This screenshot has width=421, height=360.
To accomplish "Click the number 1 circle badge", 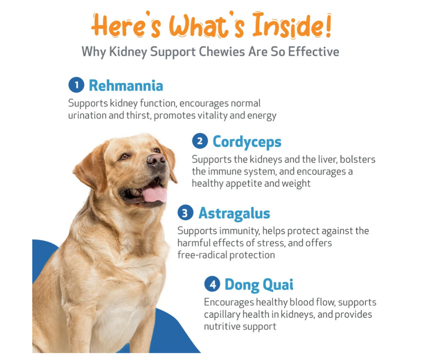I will click(x=77, y=85).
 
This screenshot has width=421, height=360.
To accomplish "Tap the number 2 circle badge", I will click(x=200, y=141).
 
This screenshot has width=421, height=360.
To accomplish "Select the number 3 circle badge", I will click(x=185, y=213).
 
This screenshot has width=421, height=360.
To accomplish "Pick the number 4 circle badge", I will click(x=212, y=285).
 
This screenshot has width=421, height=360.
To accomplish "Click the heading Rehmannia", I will click(x=126, y=85).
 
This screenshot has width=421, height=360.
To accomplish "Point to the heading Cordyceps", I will click(x=247, y=142).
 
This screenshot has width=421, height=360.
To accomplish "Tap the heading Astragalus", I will click(x=234, y=213).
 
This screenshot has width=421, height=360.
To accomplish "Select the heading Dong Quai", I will click(x=259, y=285).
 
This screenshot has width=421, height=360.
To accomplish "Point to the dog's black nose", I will click(x=156, y=160).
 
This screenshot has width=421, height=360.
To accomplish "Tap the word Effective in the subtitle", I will click(x=313, y=52).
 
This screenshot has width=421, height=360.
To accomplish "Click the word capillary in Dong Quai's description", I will click(x=225, y=314).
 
